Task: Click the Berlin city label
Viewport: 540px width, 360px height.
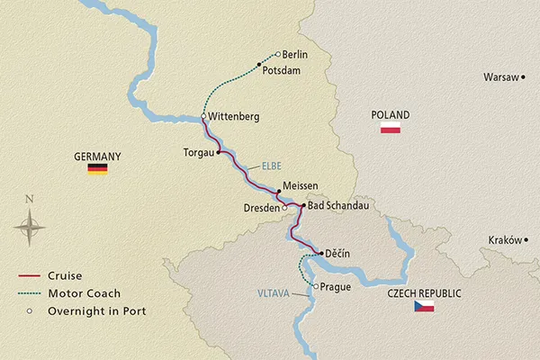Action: tap(295, 55)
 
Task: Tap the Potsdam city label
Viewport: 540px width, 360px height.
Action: tap(281, 69)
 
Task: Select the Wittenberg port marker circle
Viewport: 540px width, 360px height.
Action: tap(203, 117)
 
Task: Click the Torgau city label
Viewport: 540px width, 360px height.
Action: tap(198, 152)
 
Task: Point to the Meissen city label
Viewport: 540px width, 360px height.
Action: tap(300, 185)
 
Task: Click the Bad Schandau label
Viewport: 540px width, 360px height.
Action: tap(339, 206)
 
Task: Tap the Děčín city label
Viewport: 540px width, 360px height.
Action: tap(337, 255)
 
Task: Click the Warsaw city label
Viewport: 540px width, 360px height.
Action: tap(499, 77)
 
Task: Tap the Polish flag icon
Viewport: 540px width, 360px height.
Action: tap(391, 130)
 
